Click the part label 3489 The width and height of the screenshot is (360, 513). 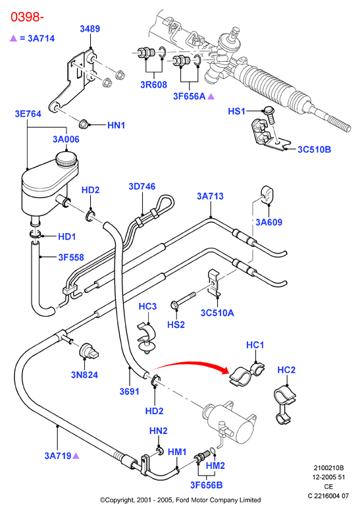pos(90,29)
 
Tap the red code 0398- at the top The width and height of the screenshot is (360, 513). pos(27,16)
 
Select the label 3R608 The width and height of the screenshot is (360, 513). pos(154,85)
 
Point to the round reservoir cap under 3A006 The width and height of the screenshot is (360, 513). pos(66,159)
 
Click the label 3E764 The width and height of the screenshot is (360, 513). pos(28,114)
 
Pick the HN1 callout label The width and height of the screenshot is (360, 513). pos(116,125)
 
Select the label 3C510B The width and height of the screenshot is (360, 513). pos(314,149)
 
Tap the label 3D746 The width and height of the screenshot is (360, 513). pos(142,186)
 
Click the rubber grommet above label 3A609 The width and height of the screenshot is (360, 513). pos(268,195)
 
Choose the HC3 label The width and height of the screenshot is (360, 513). pos(147,307)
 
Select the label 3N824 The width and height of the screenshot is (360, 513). pos(84,375)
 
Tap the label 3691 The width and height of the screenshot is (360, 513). pos(130,392)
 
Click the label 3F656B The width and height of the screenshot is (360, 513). pos(206,485)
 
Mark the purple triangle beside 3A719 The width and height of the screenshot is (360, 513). pos(76,456)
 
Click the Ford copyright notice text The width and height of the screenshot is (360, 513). pos(180,500)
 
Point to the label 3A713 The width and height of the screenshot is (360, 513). pos(210,196)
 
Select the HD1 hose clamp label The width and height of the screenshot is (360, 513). pos(66,236)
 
